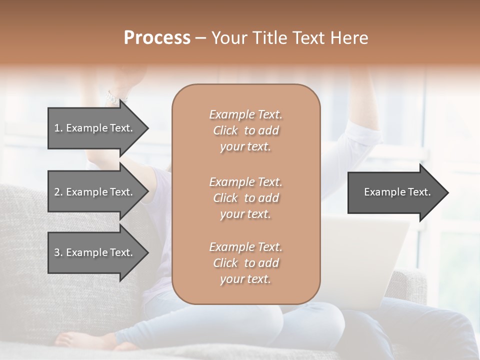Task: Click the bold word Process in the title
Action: pyautogui.click(x=157, y=38)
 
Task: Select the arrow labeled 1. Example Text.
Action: pyautogui.click(x=95, y=128)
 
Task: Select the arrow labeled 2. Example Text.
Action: pyautogui.click(x=95, y=192)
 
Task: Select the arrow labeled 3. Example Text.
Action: pyautogui.click(x=95, y=252)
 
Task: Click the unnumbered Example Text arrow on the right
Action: pyautogui.click(x=395, y=192)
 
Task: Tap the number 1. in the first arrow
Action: pyautogui.click(x=58, y=128)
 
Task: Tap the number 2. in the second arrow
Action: pyautogui.click(x=58, y=192)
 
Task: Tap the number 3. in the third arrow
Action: pyautogui.click(x=58, y=252)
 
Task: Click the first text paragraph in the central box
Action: pyautogui.click(x=245, y=130)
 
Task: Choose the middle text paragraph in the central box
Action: pyautogui.click(x=245, y=198)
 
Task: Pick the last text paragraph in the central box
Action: pyautogui.click(x=245, y=263)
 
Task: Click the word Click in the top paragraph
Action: pyautogui.click(x=225, y=130)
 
